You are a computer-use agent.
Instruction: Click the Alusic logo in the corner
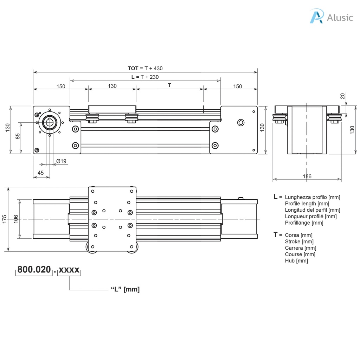pos(331,17)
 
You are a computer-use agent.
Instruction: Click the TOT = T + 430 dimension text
pos(145,68)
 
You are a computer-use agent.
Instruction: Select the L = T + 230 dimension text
pos(145,77)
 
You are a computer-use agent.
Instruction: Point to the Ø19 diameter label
pos(61,161)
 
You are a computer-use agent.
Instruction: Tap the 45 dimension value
pos(41,173)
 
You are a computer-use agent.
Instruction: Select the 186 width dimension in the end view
pos(307,176)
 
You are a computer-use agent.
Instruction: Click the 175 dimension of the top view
pos(4,219)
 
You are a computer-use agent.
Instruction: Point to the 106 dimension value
pos(16,219)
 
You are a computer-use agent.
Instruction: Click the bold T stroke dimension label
pos(169,85)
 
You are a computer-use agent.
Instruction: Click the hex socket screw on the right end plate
pos(240,122)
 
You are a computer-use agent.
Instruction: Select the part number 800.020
pos(34,270)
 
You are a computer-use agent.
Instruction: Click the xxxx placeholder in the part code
pos(69,270)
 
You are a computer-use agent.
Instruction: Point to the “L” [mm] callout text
pos(125,289)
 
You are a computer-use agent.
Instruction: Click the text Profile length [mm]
pos(307,204)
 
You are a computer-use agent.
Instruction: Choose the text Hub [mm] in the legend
pos(296,261)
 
